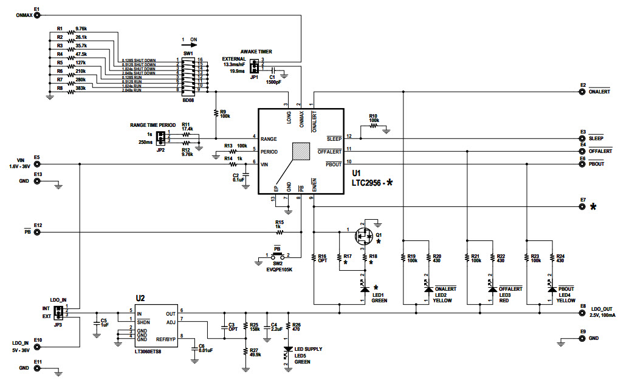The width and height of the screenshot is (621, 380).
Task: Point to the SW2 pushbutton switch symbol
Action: click(276, 254)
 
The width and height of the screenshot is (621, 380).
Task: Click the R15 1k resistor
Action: click(280, 231)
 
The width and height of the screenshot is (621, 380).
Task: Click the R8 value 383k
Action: click(80, 88)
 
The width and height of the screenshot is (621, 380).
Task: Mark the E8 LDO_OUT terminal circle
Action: click(582, 314)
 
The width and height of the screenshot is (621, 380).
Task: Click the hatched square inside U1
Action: click(301, 151)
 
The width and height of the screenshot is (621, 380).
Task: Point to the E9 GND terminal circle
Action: click(582, 338)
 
